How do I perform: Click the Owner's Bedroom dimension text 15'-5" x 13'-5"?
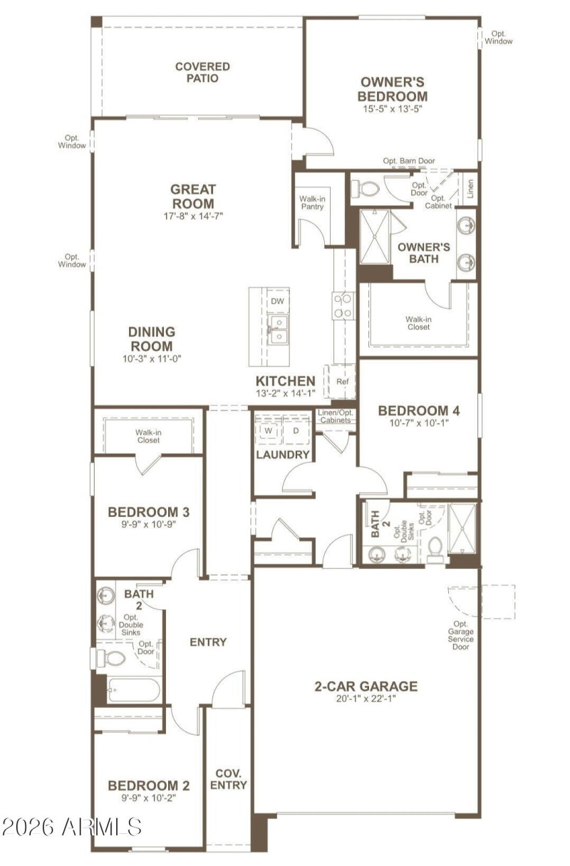click(x=392, y=109)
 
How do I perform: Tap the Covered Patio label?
click(x=202, y=73)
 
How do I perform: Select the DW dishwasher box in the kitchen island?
click(x=277, y=301)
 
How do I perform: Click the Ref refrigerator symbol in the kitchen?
click(x=342, y=382)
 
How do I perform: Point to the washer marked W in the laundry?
click(x=269, y=430)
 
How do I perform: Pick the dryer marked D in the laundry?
click(x=296, y=430)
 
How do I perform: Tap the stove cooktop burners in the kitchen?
click(x=343, y=306)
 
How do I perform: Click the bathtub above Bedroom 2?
click(x=133, y=690)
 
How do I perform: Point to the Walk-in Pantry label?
click(x=312, y=202)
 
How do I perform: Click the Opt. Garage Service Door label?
click(x=460, y=635)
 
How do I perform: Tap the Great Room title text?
click(x=193, y=197)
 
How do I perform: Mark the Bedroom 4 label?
click(x=419, y=411)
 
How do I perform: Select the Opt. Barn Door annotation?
click(x=409, y=161)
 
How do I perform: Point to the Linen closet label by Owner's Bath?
click(x=470, y=189)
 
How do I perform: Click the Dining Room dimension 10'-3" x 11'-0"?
click(x=152, y=359)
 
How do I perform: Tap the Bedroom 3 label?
click(x=148, y=512)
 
